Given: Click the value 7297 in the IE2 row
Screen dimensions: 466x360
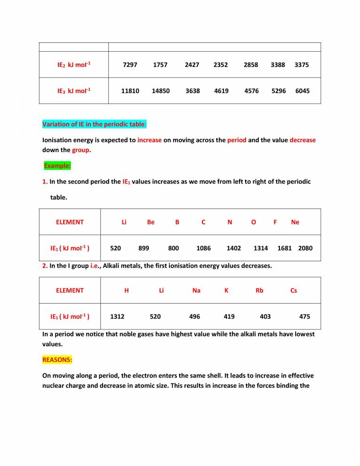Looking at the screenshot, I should coord(129,65).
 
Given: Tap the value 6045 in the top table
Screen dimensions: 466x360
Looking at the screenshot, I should coord(302,91).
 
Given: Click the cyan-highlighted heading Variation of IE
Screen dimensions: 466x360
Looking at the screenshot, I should coord(95,124).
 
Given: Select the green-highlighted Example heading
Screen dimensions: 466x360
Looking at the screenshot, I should coord(57,166).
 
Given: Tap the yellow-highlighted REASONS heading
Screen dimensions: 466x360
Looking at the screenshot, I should coord(57,359).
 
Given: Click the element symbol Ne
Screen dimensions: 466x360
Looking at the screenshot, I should coord(295,222).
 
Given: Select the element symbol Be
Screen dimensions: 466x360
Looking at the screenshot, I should coord(151,222).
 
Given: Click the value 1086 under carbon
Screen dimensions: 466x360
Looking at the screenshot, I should coord(203,248).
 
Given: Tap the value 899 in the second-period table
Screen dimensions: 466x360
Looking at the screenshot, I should coord(144,248).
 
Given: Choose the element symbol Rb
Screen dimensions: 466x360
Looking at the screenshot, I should coord(259,290).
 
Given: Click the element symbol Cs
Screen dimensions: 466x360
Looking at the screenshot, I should coord(294,290).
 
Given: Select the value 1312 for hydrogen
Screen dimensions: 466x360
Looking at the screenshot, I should coord(117,317).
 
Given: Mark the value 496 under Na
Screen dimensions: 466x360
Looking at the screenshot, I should coord(194,317).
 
